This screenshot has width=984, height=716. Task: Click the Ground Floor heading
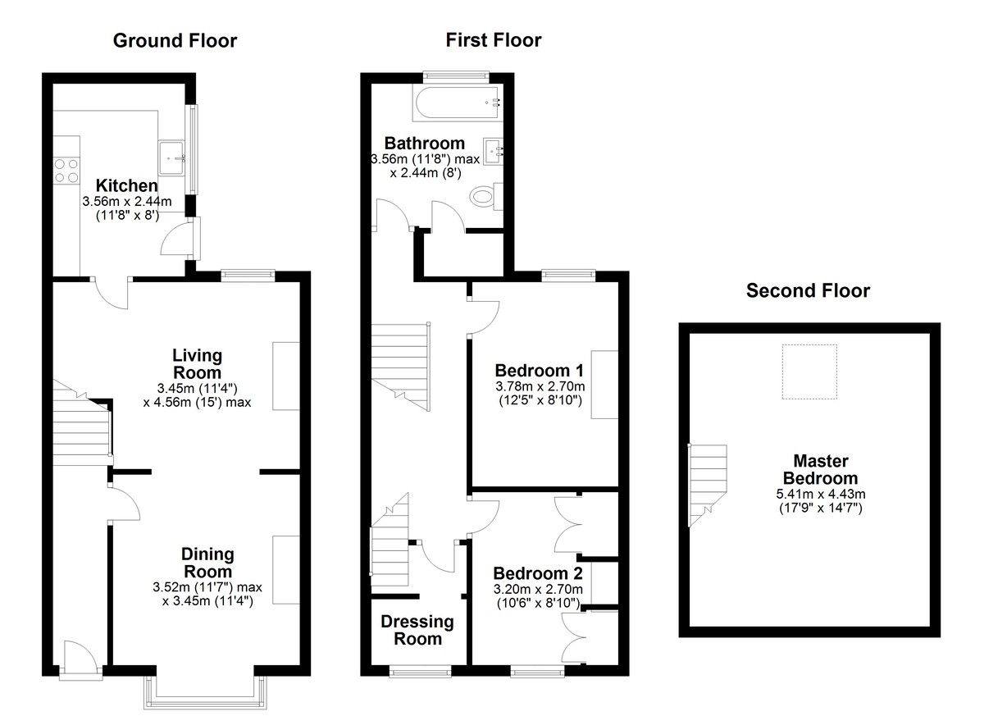(175, 41)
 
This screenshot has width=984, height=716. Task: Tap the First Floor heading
(494, 40)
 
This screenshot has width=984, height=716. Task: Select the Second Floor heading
(808, 291)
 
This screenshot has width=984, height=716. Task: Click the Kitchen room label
(126, 185)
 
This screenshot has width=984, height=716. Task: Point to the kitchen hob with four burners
(66, 171)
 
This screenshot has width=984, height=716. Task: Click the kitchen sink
(171, 157)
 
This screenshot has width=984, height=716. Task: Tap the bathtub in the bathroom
(457, 103)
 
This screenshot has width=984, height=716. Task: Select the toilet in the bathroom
(485, 196)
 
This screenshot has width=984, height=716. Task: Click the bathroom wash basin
(493, 151)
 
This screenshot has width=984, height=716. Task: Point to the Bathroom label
(425, 144)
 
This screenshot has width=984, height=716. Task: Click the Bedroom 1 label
(539, 371)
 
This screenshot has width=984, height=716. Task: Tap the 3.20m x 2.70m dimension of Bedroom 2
(538, 589)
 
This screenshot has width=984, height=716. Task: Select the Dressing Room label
(417, 631)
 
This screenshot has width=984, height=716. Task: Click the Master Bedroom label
(821, 470)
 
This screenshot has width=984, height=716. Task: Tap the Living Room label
(197, 364)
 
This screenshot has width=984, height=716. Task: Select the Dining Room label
(207, 563)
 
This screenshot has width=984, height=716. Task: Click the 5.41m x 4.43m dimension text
(821, 494)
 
